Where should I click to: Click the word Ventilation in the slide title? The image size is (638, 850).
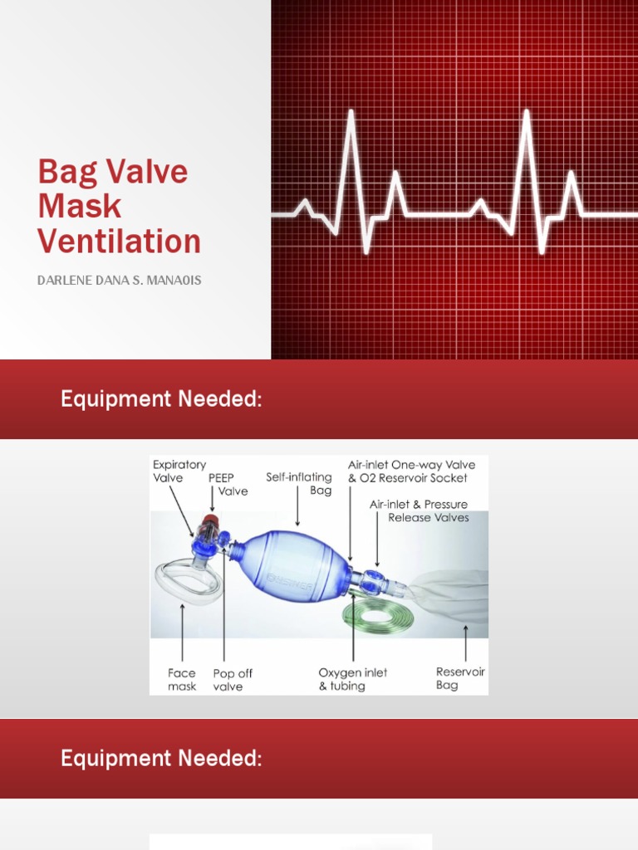coord(119,242)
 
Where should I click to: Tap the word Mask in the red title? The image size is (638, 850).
coord(80,207)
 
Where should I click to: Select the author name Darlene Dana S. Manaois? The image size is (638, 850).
coord(119,281)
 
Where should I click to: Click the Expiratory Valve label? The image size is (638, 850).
coord(179,471)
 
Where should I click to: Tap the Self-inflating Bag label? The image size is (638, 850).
coord(299,483)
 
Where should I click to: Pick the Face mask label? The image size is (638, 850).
coord(182,679)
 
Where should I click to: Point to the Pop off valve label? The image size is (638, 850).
coord(233,679)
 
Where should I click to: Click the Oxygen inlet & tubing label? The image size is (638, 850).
coord(352,679)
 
